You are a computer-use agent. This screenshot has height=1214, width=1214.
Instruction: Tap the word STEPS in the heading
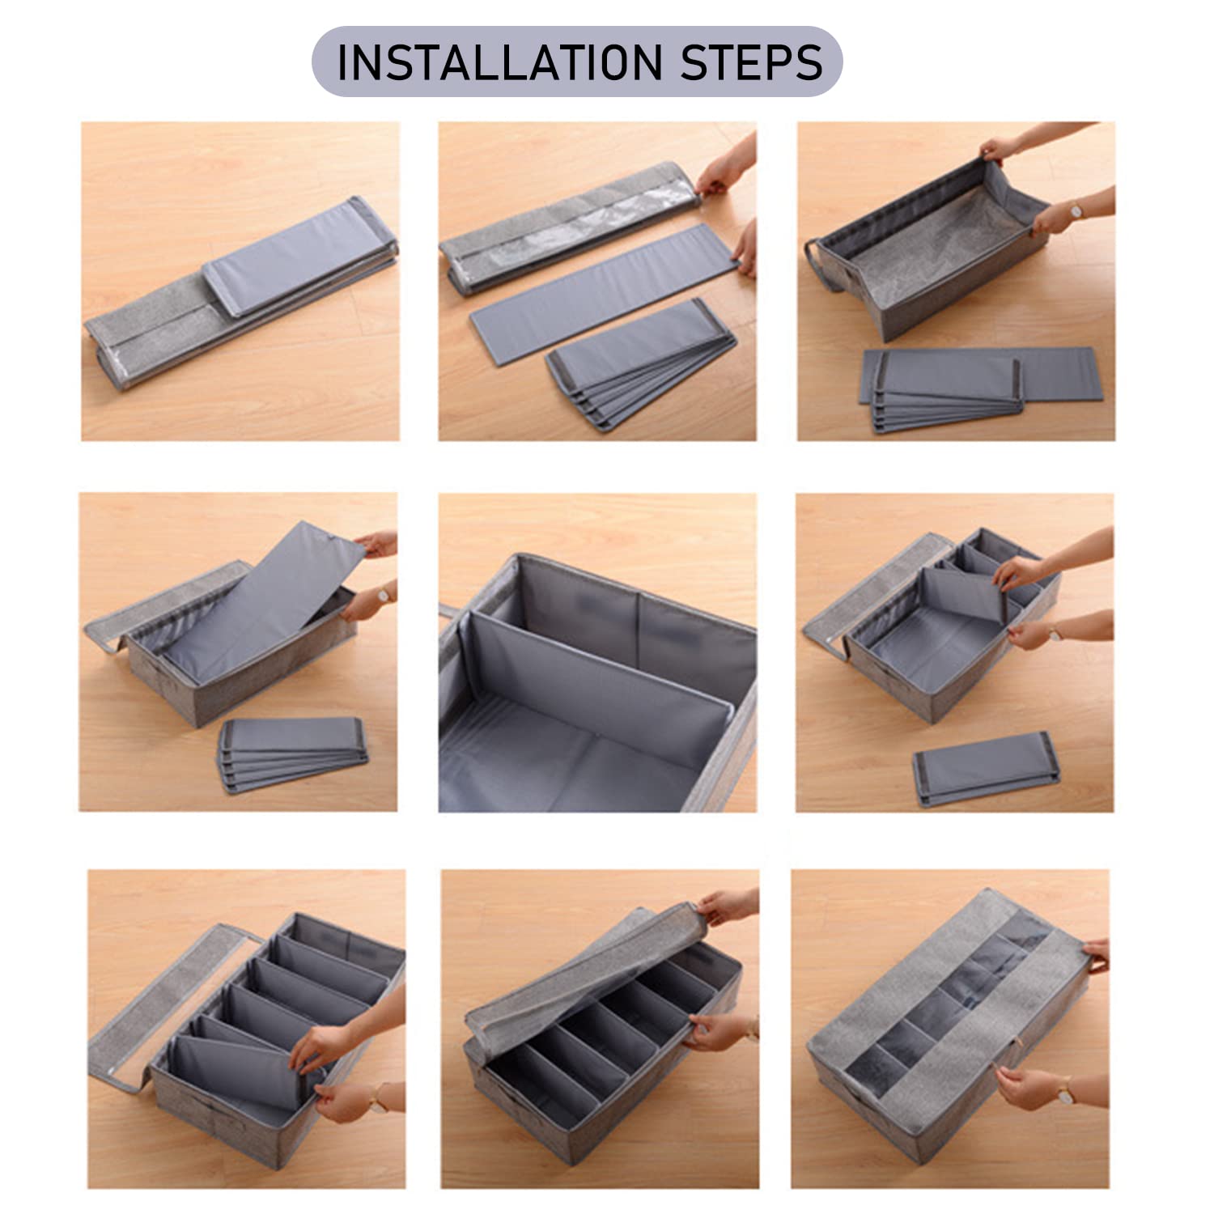tap(751, 63)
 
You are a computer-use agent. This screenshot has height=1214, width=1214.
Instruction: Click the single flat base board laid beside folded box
tap(603, 295)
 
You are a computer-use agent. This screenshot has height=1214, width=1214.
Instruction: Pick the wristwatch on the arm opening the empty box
tap(1076, 212)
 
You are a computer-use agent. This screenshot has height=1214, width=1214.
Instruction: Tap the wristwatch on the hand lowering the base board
tap(383, 595)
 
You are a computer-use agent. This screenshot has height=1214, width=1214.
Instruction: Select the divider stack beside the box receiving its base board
tap(293, 754)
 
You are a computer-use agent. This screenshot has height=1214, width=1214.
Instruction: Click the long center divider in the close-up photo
tap(595, 684)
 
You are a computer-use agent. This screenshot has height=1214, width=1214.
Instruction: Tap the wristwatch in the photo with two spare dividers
tap(1055, 633)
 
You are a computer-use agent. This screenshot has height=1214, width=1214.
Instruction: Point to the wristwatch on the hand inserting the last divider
tap(376, 1098)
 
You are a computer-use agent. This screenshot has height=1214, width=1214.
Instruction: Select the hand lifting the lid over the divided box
tap(724, 906)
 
